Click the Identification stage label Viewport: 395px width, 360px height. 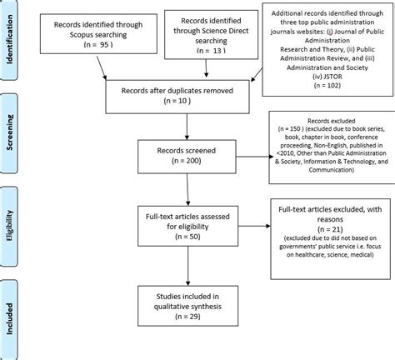12,39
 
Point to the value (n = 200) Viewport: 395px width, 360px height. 188,162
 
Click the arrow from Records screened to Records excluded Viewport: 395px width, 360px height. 254,156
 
